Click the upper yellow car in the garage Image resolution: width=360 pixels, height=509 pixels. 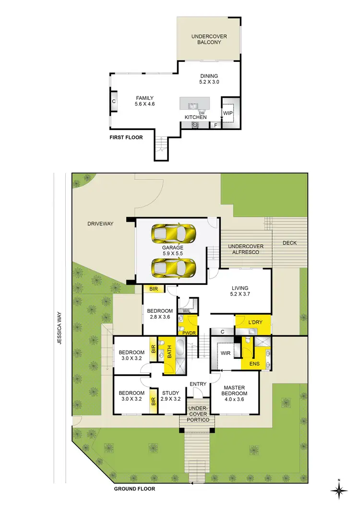point(174,234)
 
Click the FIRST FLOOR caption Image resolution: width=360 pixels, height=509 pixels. point(127,138)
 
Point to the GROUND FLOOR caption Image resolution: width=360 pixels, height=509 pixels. point(134,489)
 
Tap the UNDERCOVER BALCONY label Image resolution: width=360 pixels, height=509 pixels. point(209,39)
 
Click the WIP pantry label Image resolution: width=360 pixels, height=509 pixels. point(228,113)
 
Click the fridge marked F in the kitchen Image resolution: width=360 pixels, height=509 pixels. point(216,126)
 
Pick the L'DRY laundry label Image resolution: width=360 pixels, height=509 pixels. point(255,322)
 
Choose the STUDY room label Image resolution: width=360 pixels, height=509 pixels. point(170,392)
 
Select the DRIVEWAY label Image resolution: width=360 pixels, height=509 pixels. point(100,224)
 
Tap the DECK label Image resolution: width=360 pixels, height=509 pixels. point(289,243)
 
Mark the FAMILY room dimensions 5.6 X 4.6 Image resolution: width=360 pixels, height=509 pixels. point(144,104)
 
